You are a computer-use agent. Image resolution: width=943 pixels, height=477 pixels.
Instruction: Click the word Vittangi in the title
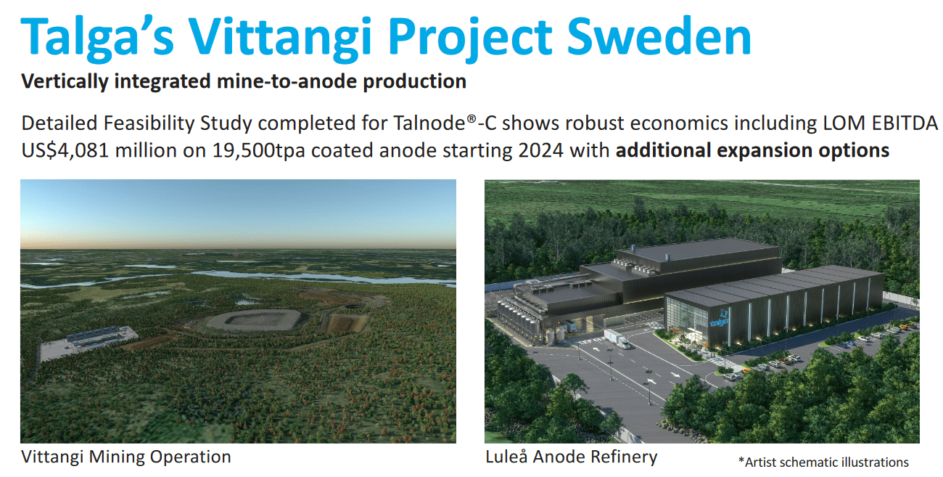point(280,38)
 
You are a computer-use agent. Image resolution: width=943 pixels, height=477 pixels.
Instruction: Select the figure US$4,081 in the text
point(65,150)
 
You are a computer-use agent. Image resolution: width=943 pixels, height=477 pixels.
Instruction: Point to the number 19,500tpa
point(258,150)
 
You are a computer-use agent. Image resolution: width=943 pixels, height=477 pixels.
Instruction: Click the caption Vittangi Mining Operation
point(126,457)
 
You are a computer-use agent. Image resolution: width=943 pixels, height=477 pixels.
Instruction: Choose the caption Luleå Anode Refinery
point(572,457)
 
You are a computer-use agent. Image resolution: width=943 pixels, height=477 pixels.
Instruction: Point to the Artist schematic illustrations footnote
point(823,462)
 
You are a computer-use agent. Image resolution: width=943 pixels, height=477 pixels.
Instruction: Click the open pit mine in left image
point(254,321)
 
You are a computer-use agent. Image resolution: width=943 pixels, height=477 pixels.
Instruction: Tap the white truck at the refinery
point(617,339)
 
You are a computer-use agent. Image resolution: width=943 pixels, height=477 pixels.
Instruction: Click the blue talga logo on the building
point(720,319)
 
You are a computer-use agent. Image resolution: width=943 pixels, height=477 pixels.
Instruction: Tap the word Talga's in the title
point(97,38)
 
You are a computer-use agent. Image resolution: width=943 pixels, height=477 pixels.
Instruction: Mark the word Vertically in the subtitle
point(65,81)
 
